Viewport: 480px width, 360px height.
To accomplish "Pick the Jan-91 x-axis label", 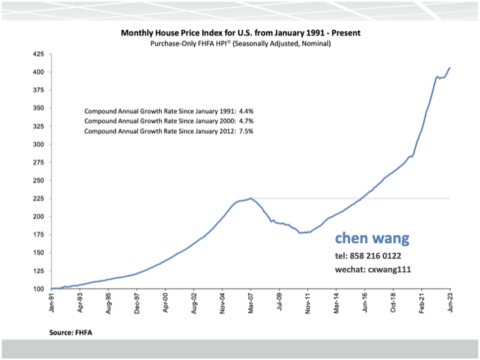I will [x=52, y=303].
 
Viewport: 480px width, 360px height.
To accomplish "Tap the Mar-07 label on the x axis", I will [x=251, y=303].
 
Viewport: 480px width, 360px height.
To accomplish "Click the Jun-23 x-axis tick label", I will [x=451, y=303].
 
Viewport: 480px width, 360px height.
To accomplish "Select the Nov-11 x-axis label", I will [x=308, y=303].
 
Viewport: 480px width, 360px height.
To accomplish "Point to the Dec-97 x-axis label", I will [x=137, y=303].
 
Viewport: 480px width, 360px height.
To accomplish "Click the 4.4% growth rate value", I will [x=244, y=111].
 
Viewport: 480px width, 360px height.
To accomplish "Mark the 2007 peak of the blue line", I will [x=250, y=199].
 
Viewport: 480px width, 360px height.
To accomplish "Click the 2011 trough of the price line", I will [x=301, y=233].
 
